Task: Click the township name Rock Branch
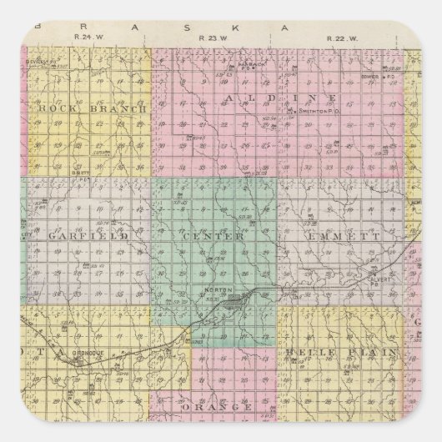[92, 108]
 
